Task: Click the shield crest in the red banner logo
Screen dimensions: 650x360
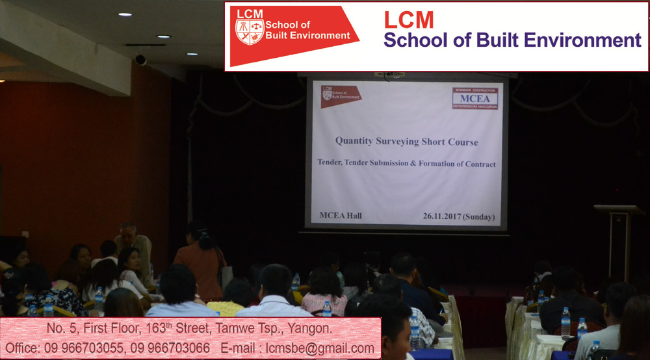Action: click(249, 32)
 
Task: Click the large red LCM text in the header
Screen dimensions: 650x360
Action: click(409, 20)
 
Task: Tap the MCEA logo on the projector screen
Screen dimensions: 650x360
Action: click(475, 99)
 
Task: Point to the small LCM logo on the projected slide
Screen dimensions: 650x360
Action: click(341, 96)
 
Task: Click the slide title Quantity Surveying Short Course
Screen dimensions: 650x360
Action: click(407, 141)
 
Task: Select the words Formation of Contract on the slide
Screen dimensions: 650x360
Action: click(457, 164)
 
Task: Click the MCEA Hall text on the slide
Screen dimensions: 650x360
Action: click(341, 216)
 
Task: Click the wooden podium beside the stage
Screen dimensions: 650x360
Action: click(619, 240)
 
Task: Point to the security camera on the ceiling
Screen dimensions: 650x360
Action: click(140, 59)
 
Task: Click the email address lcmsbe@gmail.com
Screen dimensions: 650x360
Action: click(320, 348)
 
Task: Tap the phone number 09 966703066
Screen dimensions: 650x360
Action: click(170, 348)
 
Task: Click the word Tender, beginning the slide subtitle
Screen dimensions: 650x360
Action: click(330, 162)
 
